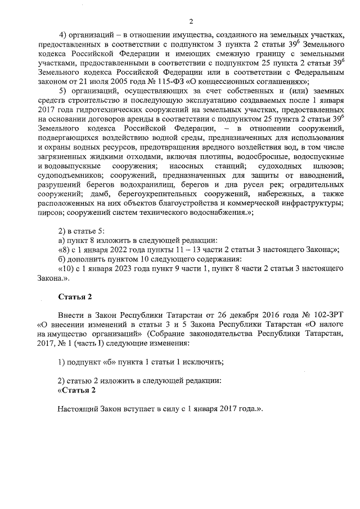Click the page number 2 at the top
[x=191, y=22]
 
